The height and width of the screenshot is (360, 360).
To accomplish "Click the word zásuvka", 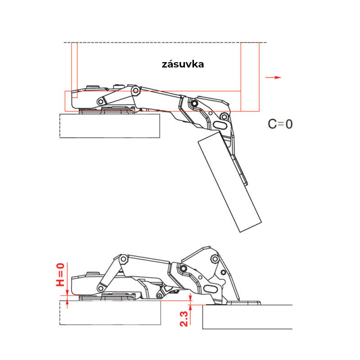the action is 183,64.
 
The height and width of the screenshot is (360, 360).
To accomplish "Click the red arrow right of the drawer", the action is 273,77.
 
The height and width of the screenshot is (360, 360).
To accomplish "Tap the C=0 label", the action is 280,124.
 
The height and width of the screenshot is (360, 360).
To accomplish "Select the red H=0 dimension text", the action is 60,274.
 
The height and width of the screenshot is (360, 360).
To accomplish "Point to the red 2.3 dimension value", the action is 184,319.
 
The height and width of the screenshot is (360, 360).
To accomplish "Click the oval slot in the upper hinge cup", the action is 220,125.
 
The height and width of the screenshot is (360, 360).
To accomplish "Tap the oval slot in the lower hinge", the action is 211,289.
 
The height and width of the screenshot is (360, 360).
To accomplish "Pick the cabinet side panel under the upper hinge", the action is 110,126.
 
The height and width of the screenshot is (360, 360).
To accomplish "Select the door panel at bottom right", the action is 247,317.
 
